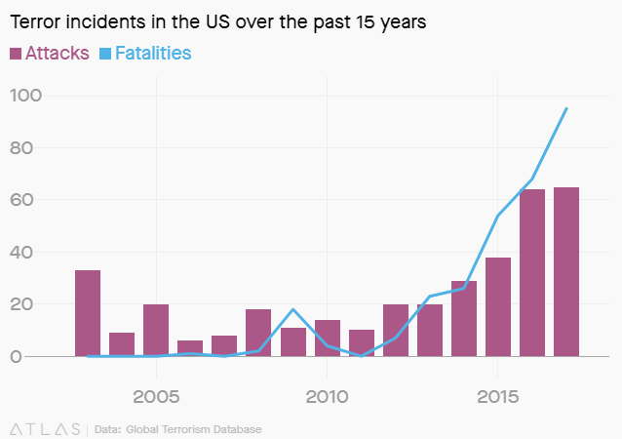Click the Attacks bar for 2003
coord(88,313)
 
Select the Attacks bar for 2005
coord(156,331)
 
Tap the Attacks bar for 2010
coord(327,339)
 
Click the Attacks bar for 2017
coord(566,272)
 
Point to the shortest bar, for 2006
coord(190,349)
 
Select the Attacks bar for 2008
coord(258,333)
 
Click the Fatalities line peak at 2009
coord(292,309)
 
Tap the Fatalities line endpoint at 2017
coord(566,108)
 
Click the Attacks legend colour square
coord(16,53)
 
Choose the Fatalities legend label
coord(152,53)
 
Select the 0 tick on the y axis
coord(41,357)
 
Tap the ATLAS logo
coord(45,428)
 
